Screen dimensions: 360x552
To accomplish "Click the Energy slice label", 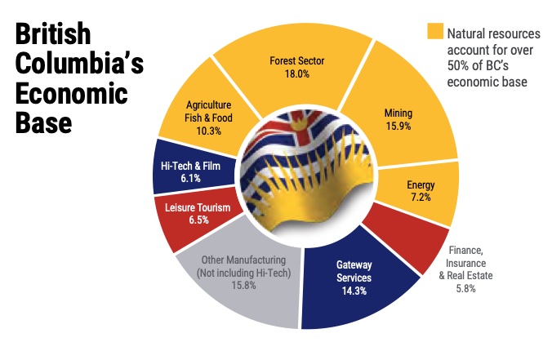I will coord(421,184).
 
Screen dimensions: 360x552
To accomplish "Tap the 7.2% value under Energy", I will coord(421,198).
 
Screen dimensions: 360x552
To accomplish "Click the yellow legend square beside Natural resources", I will coord(434,33).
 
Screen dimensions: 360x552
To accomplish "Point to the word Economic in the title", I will coord(71,96).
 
